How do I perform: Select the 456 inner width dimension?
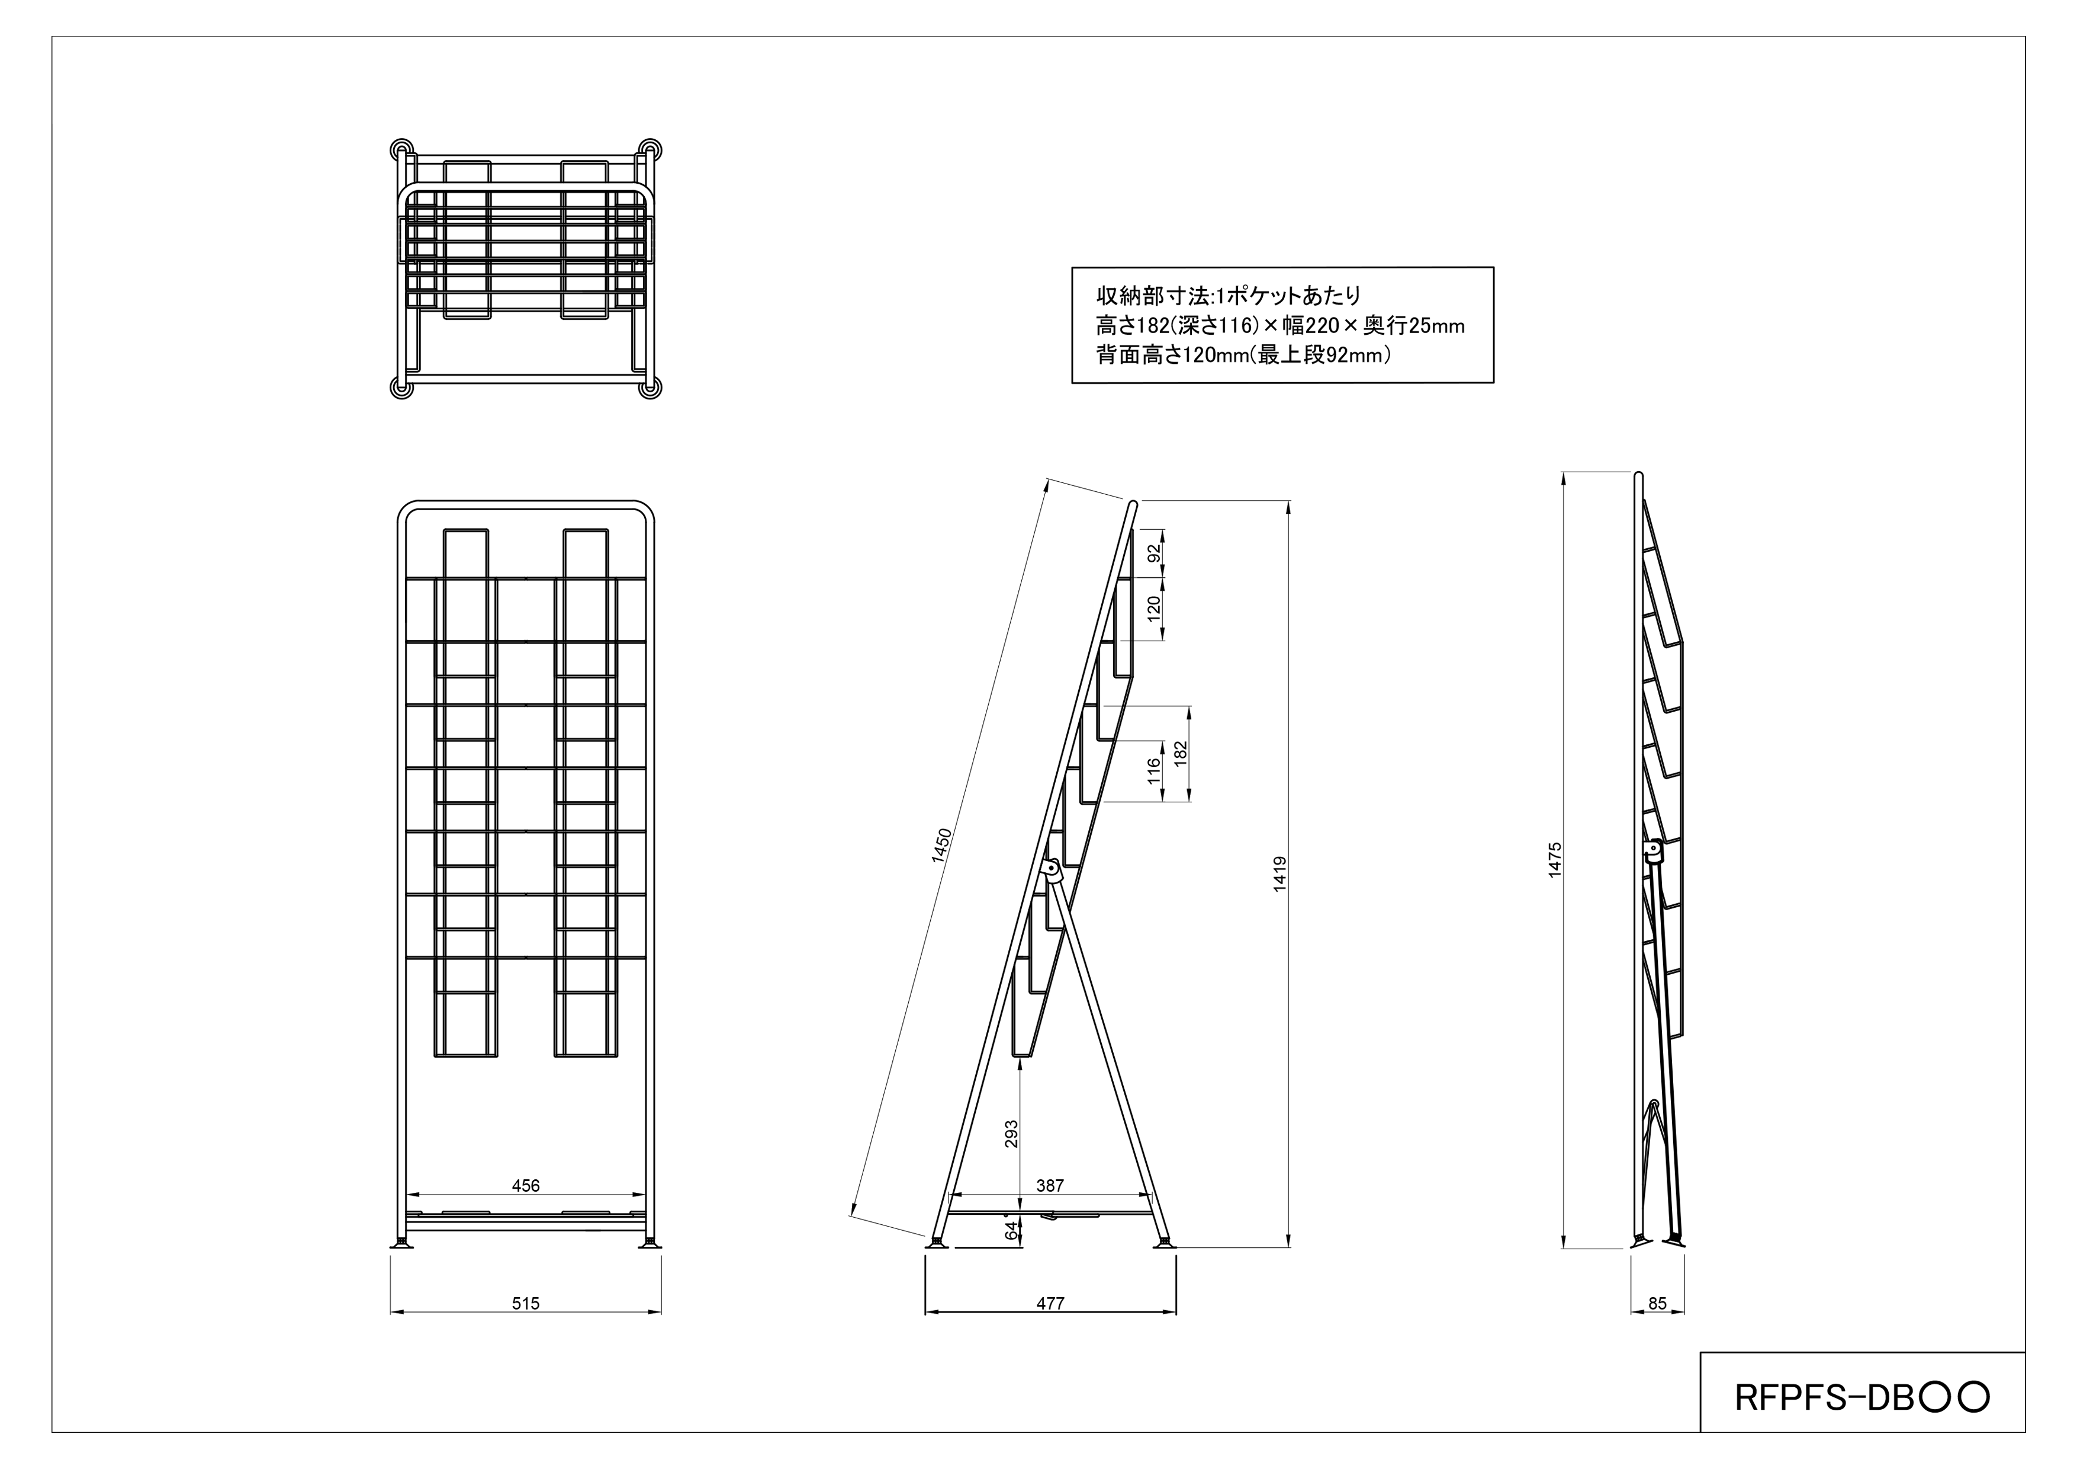[x=526, y=1185]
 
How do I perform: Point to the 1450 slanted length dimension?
[x=942, y=846]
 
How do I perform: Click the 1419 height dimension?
[x=1279, y=874]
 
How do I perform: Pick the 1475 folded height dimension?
[x=1554, y=860]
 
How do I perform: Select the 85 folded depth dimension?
[x=1657, y=1303]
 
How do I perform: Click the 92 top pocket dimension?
[x=1153, y=553]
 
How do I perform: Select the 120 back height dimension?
[x=1153, y=607]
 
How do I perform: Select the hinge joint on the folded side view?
[x=1652, y=852]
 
